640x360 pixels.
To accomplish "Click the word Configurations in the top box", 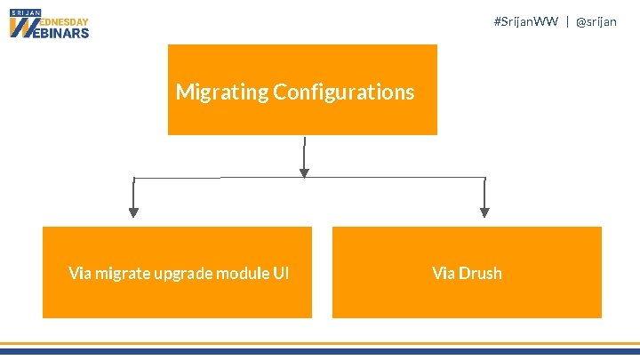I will pos(344,92).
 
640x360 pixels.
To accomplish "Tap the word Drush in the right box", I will pos(480,273).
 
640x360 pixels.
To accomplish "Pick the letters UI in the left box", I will pos(281,273).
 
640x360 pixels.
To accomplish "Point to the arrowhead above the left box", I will pos(133,212).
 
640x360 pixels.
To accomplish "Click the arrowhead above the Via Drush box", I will pos(484,212).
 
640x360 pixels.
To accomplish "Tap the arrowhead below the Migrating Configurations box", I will pos(305,172).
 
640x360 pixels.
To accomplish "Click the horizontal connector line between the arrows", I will pos(222,178).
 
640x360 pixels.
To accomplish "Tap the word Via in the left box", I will pos(79,273).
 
